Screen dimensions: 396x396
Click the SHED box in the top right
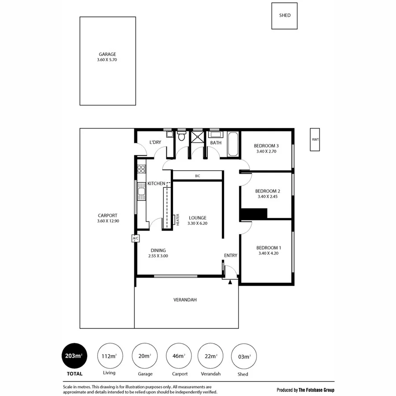[x=284, y=16]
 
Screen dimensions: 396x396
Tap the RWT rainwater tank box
[x=315, y=139]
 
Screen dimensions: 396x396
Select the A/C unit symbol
[x=136, y=238]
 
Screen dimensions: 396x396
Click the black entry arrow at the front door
[x=230, y=282]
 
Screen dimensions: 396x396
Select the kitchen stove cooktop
[x=141, y=169]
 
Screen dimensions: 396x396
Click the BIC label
[x=198, y=176]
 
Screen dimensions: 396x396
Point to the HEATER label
[x=178, y=220]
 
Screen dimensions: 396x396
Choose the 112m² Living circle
[x=109, y=356]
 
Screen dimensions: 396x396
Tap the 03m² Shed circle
[x=243, y=356]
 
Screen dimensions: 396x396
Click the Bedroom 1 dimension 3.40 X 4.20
[x=268, y=253]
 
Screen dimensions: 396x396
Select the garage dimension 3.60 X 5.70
[x=107, y=60]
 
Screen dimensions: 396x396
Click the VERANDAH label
[x=185, y=300]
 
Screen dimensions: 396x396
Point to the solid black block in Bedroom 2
[x=254, y=214]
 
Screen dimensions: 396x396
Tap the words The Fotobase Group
[x=316, y=390]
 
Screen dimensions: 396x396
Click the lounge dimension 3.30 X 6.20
[x=198, y=224]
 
